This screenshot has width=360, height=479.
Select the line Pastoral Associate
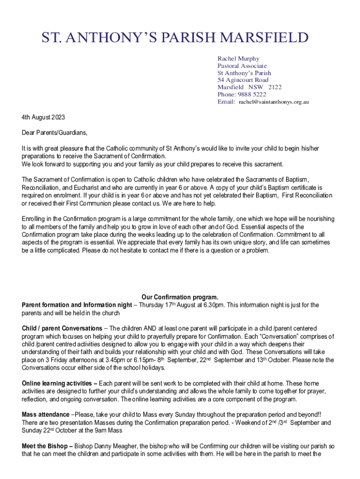pyautogui.click(x=242, y=66)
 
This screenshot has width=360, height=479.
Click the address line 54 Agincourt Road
pyautogui.click(x=243, y=80)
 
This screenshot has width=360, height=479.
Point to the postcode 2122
pyautogui.click(x=275, y=87)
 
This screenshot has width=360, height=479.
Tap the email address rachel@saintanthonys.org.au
pyautogui.click(x=274, y=102)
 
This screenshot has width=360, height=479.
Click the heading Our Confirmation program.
pyautogui.click(x=180, y=297)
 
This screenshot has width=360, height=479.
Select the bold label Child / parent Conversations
pyautogui.click(x=62, y=328)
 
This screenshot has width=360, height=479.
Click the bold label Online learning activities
pyautogui.click(x=58, y=384)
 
